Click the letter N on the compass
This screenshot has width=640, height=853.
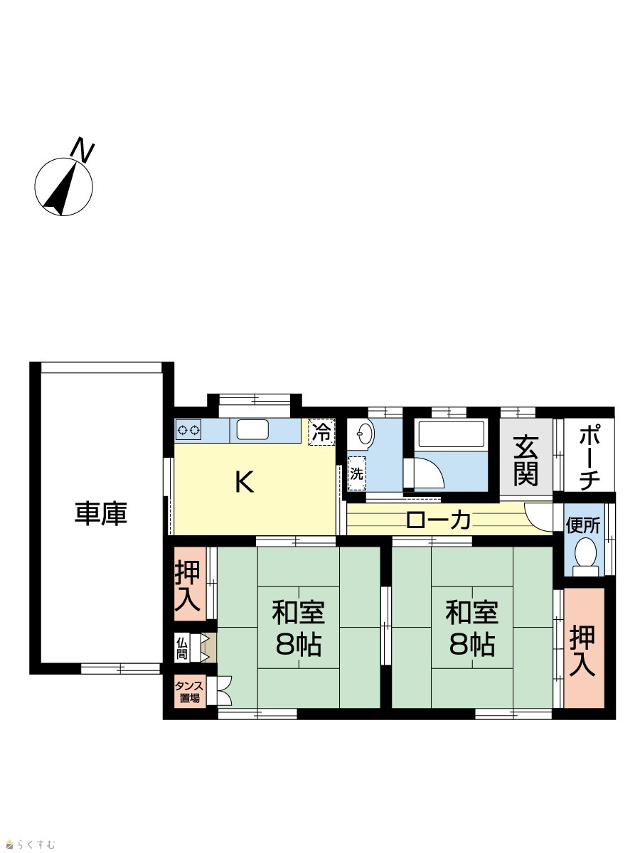click(84, 149)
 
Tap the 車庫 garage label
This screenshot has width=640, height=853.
click(101, 515)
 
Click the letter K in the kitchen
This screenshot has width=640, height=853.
click(245, 482)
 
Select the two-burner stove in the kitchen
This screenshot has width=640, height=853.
click(188, 430)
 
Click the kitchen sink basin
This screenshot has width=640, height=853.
click(252, 430)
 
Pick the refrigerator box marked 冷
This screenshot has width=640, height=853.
click(321, 431)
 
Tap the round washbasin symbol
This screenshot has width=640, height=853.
click(365, 432)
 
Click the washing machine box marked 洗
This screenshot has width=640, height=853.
click(357, 473)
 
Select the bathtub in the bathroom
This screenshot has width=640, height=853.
click(451, 434)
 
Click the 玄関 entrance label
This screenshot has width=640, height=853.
click(526, 461)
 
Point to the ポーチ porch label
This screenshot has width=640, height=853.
click(590, 459)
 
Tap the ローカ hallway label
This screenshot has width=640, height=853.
click(439, 520)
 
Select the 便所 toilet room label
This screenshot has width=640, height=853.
click(582, 526)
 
